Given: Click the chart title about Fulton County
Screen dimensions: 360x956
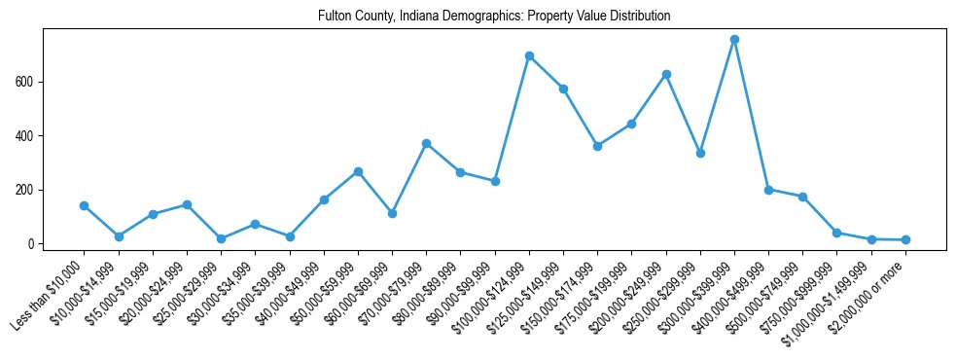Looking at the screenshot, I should pos(494,17).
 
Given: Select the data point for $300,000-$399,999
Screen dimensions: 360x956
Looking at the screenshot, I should pos(734,40).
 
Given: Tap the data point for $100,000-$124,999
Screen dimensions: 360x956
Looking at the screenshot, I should pos(529,56).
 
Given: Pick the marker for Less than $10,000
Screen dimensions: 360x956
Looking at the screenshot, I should pos(84,205).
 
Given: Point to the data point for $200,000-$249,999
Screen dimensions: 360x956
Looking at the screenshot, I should pos(666,74).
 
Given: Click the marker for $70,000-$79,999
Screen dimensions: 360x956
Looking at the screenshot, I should pos(426,143).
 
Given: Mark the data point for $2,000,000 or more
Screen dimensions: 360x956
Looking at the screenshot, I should pos(905,239).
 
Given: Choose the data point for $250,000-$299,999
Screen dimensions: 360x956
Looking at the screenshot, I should pos(700,153).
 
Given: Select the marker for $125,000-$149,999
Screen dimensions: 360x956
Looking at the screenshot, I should pos(563,89).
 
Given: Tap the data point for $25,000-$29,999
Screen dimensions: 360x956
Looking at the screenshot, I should pos(221,238).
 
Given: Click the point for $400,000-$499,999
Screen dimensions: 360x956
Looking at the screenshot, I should pos(768,190).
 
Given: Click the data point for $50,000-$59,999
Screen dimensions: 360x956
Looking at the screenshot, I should pos(358,171).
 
